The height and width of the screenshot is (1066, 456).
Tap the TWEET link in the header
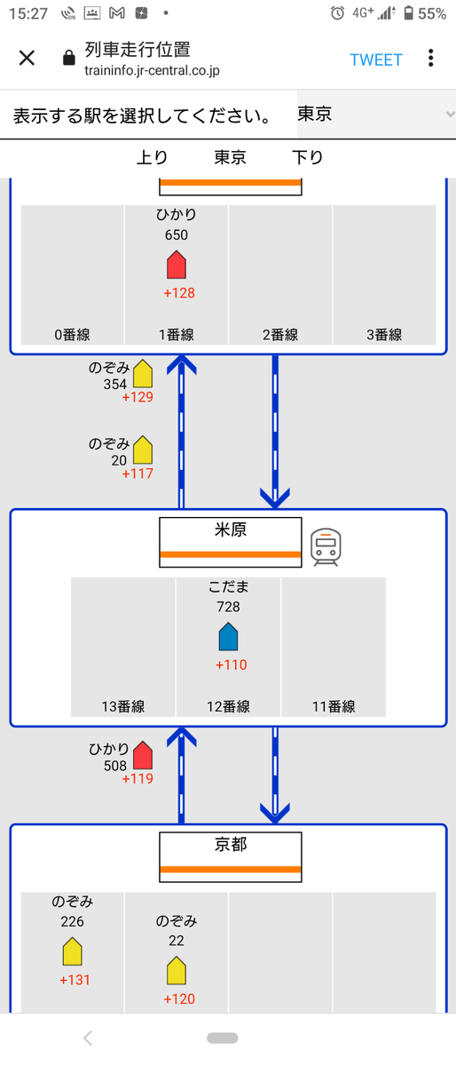[x=376, y=60]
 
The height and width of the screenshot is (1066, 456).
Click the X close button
[x=27, y=58]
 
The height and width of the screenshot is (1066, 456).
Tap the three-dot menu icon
[x=431, y=58]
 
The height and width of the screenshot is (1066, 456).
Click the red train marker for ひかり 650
[x=177, y=265]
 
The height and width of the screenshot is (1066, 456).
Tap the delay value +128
[x=179, y=292]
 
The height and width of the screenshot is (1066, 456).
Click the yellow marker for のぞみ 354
[x=143, y=374]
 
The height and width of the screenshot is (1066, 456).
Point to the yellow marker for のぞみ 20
[x=143, y=450]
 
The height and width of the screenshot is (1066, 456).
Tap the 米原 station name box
[x=230, y=542]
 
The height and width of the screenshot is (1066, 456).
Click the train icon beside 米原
[x=326, y=547]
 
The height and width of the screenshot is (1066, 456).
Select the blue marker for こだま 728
[x=228, y=637]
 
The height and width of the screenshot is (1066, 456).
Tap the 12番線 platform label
[x=228, y=706]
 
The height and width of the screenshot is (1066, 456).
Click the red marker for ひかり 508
[x=143, y=755]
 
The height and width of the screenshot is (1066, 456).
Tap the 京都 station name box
[x=230, y=857]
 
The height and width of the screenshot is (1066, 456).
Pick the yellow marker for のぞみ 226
[x=72, y=951]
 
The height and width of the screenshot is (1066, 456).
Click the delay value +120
[x=179, y=998]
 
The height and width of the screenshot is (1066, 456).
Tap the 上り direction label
[x=153, y=157]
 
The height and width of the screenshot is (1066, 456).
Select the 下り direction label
[x=307, y=157]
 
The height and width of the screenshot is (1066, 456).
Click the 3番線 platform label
[x=384, y=335]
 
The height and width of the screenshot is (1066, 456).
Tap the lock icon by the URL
[x=69, y=58]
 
